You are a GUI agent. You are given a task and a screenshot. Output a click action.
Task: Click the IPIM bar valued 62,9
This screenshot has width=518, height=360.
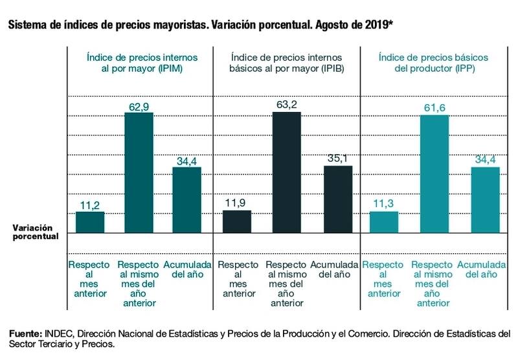[139, 172]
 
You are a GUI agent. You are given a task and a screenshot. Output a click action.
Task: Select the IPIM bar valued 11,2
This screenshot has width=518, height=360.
[90, 222]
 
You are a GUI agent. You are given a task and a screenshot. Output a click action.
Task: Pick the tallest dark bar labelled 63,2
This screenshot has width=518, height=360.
[287, 172]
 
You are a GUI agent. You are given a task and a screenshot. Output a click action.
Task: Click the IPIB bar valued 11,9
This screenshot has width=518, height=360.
[237, 221]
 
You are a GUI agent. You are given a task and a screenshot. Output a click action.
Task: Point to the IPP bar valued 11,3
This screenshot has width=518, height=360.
[384, 222]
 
